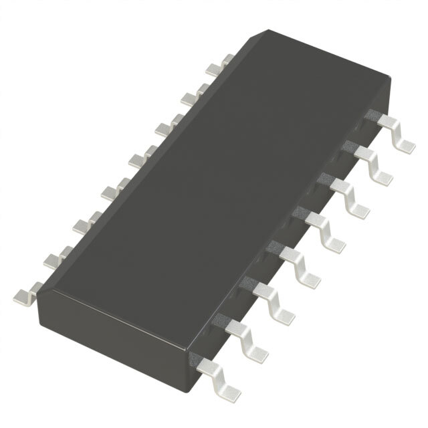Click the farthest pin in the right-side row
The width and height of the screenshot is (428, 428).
pyautogui.click(x=395, y=134)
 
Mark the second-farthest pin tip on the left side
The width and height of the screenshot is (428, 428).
pyautogui.click(x=188, y=98)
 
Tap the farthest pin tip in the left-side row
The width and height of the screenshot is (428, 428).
pyautogui.click(x=213, y=68)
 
